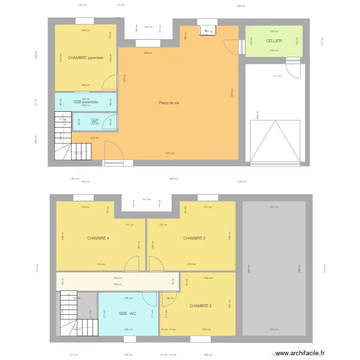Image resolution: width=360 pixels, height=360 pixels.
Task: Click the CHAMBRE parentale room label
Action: tap(85, 58)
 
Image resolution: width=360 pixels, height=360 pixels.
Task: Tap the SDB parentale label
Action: tap(85, 102)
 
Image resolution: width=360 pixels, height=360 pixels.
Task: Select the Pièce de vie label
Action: tap(169, 103)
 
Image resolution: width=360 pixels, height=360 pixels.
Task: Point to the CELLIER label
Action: tap(274, 41)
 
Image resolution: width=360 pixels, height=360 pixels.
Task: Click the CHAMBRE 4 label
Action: tap(98, 238)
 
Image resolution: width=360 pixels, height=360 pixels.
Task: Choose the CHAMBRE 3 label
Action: tap(194, 238)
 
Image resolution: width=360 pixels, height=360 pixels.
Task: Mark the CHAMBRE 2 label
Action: tap(200, 306)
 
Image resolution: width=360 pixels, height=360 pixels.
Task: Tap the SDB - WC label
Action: tap(128, 313)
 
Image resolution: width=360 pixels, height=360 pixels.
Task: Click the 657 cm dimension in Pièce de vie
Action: tap(170, 154)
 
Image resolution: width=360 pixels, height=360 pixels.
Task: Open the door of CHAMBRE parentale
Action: tap(110, 83)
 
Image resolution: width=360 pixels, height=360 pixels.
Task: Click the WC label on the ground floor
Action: tap(95, 121)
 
